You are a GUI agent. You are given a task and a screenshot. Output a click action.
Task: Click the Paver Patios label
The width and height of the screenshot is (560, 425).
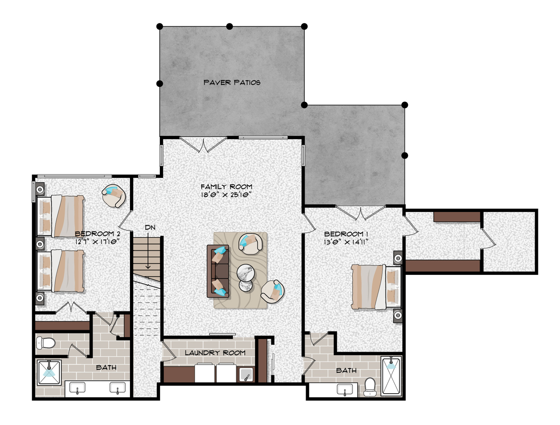(232, 83)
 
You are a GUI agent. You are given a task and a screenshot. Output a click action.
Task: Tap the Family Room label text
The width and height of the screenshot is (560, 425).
(226, 187)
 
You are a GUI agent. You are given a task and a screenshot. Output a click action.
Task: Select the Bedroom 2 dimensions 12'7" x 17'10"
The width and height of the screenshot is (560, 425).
(97, 242)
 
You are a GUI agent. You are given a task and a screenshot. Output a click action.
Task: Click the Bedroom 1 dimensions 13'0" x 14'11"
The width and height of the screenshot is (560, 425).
(346, 242)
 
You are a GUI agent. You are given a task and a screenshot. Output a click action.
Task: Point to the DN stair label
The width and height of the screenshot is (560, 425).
(150, 228)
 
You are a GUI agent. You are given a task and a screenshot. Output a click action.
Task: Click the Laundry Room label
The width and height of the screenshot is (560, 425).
(215, 353)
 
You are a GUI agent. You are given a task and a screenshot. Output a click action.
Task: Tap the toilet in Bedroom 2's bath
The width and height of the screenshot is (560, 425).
(46, 343)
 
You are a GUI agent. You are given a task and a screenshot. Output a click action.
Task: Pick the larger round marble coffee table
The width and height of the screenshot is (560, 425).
(246, 273)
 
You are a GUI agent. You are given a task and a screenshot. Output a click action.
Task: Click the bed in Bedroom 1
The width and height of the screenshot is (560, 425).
(375, 287)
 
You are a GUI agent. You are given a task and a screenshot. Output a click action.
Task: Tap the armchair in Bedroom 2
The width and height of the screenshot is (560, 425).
(114, 196)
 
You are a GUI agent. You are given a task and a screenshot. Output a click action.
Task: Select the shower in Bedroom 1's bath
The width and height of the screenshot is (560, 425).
(391, 376)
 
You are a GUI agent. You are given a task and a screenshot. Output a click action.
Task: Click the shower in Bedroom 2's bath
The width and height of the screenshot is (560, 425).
(49, 373)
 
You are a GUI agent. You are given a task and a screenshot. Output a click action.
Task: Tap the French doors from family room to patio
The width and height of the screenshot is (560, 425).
(204, 145)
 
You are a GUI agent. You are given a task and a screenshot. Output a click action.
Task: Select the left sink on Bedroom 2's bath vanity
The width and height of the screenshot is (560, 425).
(77, 388)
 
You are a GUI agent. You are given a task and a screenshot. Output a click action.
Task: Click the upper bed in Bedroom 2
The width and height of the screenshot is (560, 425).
(61, 216)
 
